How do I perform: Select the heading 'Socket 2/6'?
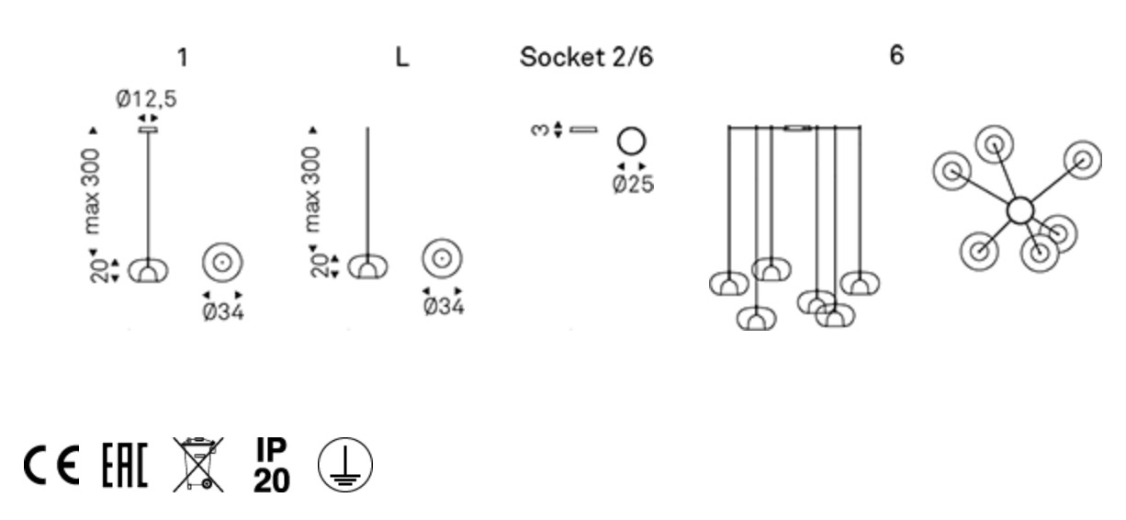(x=587, y=57)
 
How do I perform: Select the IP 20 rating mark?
(x=271, y=464)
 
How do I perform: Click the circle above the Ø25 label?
(x=631, y=141)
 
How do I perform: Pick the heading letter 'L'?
(x=401, y=57)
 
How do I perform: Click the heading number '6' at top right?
(x=896, y=55)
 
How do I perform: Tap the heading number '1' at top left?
(x=183, y=57)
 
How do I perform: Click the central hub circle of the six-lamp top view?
(x=1019, y=210)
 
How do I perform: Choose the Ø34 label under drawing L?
(x=443, y=306)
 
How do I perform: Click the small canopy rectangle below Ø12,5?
(x=147, y=130)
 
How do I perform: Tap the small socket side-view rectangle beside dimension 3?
(x=583, y=130)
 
